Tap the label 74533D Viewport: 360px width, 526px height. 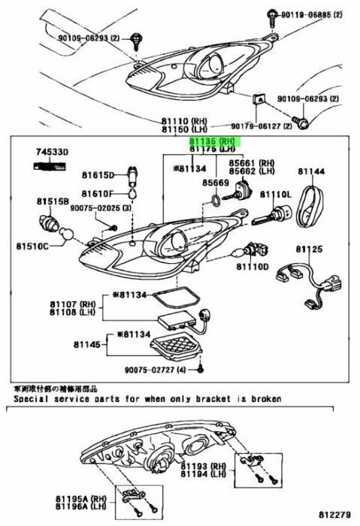(x=53, y=153)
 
